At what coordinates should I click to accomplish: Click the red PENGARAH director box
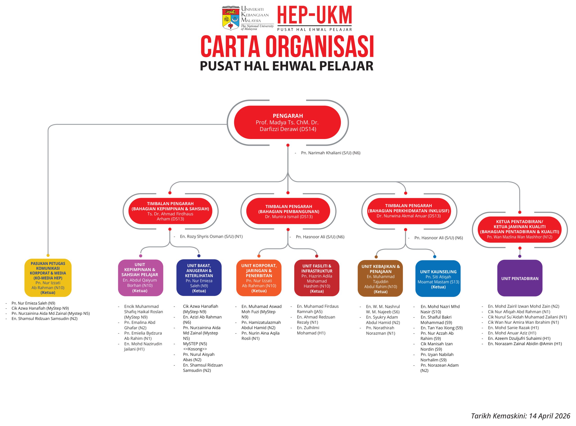(287, 122)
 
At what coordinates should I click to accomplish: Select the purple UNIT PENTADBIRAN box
(520, 278)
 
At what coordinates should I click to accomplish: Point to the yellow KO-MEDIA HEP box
(48, 278)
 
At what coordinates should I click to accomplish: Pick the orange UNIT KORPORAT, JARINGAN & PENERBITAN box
(259, 278)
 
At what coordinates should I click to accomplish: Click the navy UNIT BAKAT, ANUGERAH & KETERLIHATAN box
(199, 278)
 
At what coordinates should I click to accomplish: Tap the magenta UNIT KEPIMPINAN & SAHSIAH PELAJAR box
(140, 278)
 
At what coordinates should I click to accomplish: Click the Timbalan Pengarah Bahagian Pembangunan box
(288, 211)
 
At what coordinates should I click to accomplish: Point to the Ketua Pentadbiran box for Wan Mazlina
(520, 229)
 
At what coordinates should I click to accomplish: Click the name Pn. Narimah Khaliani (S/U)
(331, 153)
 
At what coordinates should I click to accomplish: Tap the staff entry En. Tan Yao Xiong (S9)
(441, 328)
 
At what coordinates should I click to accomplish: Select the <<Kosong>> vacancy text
(195, 349)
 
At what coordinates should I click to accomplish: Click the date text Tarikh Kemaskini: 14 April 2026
(521, 416)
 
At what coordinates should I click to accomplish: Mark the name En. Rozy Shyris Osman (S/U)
(211, 236)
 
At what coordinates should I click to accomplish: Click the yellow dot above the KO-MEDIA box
(48, 255)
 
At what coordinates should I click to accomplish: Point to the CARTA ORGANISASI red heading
(287, 47)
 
